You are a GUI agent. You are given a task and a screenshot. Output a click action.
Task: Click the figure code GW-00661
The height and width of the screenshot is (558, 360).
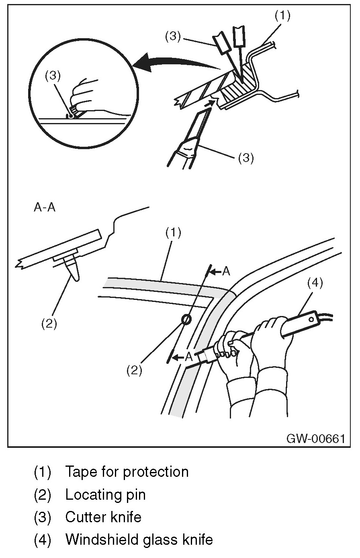click(x=315, y=438)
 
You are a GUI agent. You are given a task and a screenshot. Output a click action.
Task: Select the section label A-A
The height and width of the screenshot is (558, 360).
click(x=44, y=209)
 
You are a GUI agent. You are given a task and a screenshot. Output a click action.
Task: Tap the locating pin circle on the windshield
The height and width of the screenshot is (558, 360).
click(x=186, y=319)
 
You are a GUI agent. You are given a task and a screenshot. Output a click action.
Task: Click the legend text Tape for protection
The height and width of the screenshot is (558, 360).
click(x=127, y=471)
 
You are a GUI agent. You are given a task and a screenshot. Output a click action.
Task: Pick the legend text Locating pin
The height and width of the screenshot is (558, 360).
click(x=105, y=494)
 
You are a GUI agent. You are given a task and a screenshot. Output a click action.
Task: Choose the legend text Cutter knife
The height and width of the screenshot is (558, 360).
click(x=103, y=517)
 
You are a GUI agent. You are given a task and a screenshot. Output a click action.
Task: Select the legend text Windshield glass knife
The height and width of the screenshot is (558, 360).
click(x=139, y=540)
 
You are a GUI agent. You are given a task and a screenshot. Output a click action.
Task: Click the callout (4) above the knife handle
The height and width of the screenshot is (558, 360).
click(x=315, y=283)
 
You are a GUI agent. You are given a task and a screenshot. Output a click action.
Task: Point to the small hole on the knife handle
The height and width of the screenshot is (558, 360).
click(x=311, y=320)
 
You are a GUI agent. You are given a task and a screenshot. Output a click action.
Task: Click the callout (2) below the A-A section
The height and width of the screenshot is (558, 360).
click(x=49, y=324)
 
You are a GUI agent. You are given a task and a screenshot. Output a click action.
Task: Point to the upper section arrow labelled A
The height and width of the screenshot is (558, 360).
click(x=220, y=272)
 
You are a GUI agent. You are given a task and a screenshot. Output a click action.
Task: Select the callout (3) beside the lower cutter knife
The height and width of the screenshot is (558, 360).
click(x=245, y=158)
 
